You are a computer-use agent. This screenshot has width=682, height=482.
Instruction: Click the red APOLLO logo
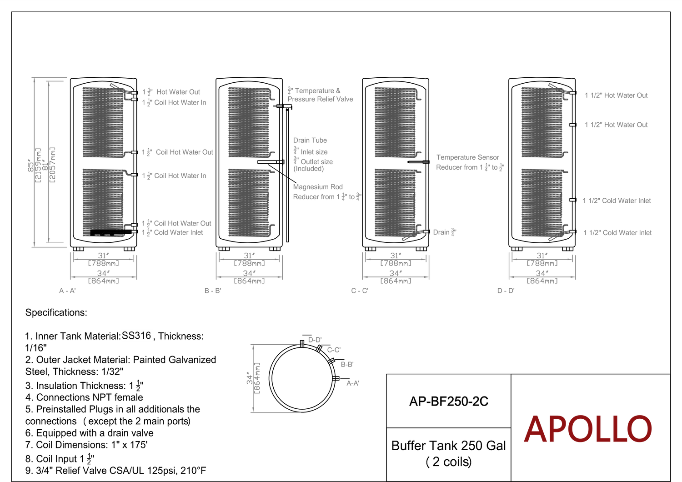coord(587,429)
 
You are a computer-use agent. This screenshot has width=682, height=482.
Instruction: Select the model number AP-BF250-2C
coord(448,402)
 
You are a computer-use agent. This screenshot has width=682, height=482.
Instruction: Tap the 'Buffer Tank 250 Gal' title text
coord(448,446)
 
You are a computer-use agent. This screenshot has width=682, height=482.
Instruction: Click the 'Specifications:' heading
coord(56,312)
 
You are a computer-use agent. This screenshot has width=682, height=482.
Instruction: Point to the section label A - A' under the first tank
coord(67,291)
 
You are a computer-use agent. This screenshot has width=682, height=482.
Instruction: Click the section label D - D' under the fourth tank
coord(506,291)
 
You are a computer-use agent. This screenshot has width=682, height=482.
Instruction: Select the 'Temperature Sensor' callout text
coord(468,157)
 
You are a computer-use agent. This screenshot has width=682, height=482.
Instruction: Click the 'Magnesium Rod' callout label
coord(318,187)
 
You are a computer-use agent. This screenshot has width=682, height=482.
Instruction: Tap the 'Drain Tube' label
coord(310,141)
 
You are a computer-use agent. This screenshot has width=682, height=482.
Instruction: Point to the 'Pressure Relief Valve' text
coord(320,99)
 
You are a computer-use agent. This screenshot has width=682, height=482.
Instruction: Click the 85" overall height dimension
coord(31,166)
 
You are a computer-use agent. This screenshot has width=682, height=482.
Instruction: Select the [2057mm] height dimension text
coord(52,165)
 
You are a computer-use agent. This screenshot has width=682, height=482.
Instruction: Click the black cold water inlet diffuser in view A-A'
coord(111,233)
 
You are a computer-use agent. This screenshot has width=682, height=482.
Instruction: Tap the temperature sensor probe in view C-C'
coord(418,162)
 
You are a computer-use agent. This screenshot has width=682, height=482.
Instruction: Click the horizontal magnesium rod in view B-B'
coord(271,162)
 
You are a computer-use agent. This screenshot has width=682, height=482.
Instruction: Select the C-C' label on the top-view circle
coord(334,350)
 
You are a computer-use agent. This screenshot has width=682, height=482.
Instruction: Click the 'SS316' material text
coord(136,336)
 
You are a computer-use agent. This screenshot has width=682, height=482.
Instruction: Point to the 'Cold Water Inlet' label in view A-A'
coord(178,233)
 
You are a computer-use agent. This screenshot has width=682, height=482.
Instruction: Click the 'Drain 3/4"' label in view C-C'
coord(445,232)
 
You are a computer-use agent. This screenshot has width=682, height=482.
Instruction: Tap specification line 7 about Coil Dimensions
coord(86,445)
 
